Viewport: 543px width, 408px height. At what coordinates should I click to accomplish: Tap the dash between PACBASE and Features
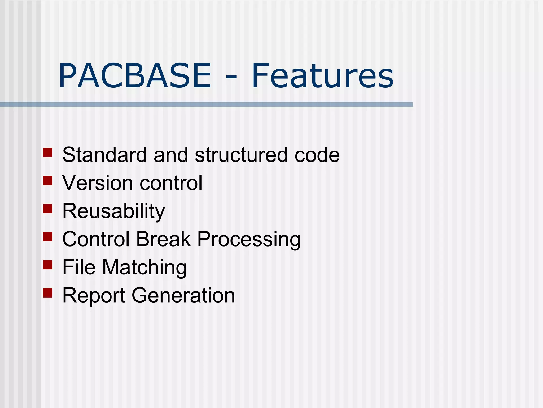[x=231, y=77]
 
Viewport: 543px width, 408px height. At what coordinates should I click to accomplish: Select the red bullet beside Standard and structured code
[x=47, y=153]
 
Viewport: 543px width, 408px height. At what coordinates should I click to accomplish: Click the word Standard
[x=104, y=155]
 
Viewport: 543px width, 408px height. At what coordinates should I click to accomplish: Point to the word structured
[x=241, y=155]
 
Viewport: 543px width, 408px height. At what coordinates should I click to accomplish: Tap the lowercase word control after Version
[x=171, y=183]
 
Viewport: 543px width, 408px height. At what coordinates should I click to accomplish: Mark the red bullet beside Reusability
[x=47, y=209]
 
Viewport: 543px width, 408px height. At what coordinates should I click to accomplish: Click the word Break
[x=163, y=239]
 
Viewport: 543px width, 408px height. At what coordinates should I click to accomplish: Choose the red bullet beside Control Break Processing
[x=47, y=237]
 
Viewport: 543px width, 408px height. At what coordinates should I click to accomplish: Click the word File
[x=79, y=267]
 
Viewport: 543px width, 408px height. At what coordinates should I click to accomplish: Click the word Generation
[x=183, y=295]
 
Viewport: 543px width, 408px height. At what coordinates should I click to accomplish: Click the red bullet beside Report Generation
[x=47, y=293]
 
